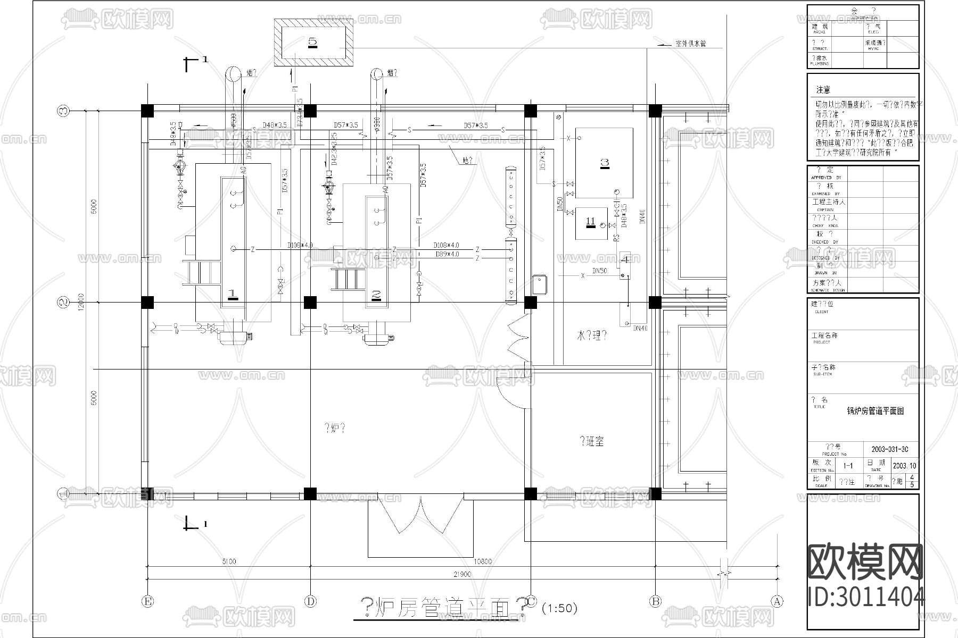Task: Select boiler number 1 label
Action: click(233, 293)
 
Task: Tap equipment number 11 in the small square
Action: click(590, 222)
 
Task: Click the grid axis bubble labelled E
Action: click(147, 601)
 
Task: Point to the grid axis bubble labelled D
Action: click(310, 601)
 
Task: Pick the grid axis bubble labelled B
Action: click(655, 601)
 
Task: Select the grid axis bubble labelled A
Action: click(778, 601)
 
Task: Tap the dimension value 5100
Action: click(229, 561)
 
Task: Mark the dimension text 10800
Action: click(482, 561)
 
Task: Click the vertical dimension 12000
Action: click(81, 303)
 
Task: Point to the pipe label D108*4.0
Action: click(446, 245)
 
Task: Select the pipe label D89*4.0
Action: click(447, 254)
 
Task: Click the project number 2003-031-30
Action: click(890, 449)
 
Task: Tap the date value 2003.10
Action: click(904, 466)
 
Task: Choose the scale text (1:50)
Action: click(559, 608)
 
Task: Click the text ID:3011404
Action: click(866, 596)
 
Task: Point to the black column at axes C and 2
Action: click(530, 303)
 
